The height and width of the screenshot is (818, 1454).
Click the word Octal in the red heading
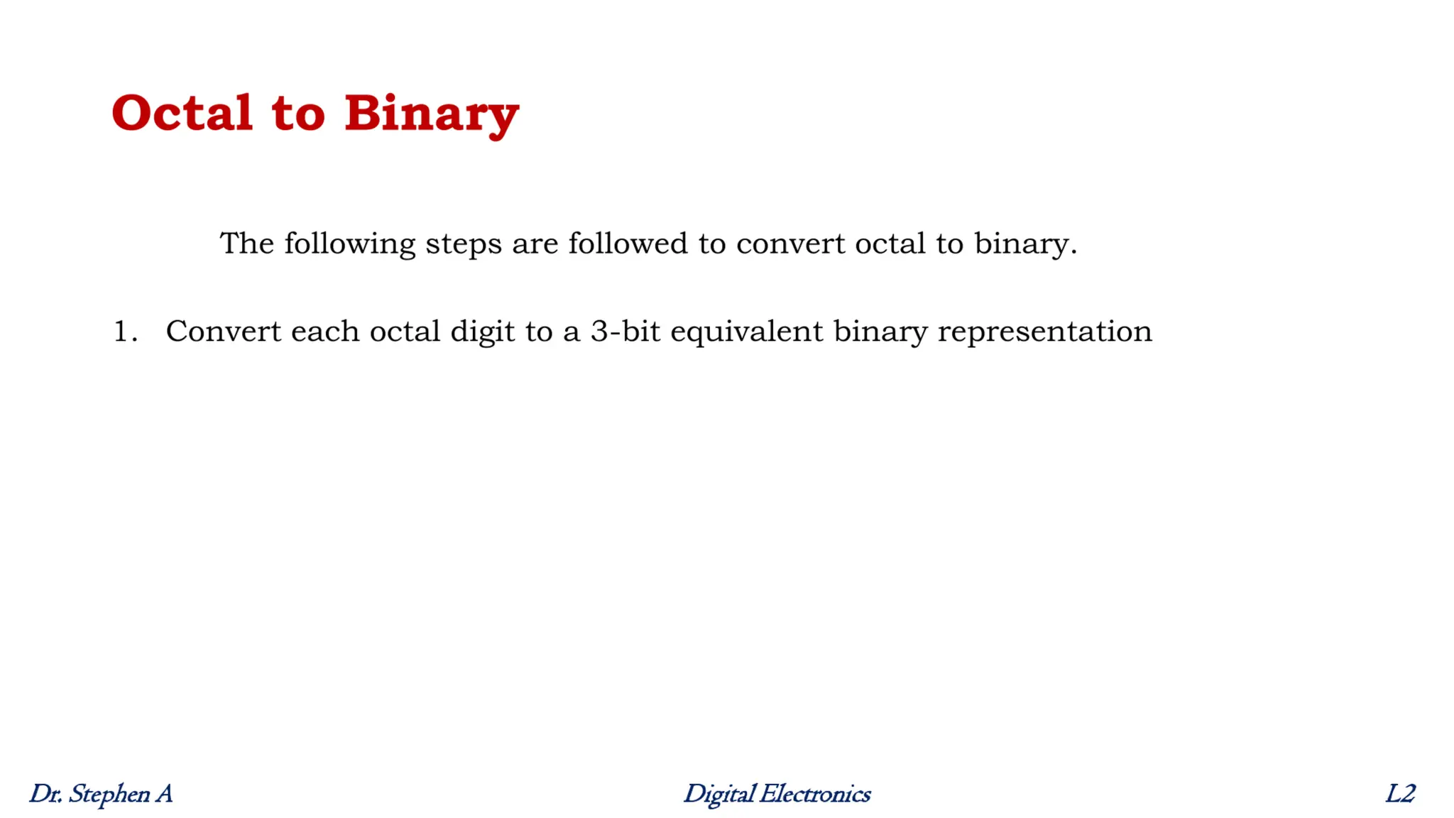point(182,113)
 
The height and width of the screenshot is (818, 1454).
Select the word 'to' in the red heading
point(298,114)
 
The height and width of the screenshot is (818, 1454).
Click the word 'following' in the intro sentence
point(349,244)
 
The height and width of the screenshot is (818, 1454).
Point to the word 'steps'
point(464,244)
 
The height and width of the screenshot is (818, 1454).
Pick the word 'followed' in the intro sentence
point(628,244)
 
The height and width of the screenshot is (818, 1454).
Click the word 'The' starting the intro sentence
point(246,244)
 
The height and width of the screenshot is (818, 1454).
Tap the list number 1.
point(125,332)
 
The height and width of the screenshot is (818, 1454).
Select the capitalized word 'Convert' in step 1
point(223,332)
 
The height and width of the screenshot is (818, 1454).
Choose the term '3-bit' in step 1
point(625,332)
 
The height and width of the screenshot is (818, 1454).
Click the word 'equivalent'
point(746,332)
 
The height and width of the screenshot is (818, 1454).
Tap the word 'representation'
point(1044,332)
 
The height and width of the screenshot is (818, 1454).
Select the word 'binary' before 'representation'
point(880,332)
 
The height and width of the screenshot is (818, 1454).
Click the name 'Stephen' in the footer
point(109,794)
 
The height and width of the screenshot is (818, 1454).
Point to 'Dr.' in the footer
point(45,794)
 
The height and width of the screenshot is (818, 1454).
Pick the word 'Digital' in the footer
point(718,794)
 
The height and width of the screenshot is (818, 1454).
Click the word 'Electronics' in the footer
point(814,794)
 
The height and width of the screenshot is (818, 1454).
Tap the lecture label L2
point(1400,794)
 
